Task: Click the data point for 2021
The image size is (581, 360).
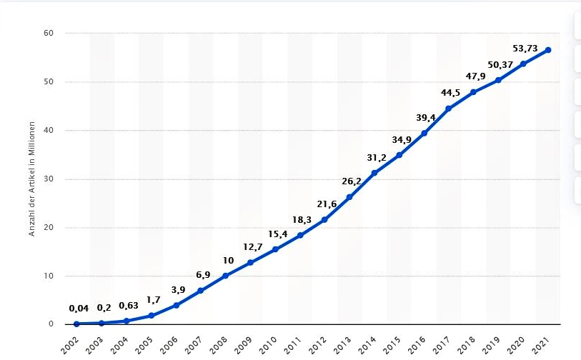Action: coord(548,50)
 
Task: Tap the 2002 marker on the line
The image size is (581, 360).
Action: coord(76,324)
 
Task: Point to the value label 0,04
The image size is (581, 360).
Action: coord(79,309)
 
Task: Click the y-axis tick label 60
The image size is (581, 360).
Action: coord(49,34)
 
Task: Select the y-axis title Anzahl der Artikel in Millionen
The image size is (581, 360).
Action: coord(32,179)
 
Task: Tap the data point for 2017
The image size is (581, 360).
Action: coord(449,109)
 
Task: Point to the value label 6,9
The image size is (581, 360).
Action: coord(203,275)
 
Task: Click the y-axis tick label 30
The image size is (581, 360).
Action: coord(49,179)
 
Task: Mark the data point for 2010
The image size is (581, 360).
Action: coord(275,249)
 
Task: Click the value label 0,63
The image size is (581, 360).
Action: coord(129,306)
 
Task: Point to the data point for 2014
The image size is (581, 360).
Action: coord(374,173)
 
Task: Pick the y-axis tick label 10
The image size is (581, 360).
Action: coord(49,276)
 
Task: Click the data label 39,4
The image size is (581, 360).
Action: coord(426,117)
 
